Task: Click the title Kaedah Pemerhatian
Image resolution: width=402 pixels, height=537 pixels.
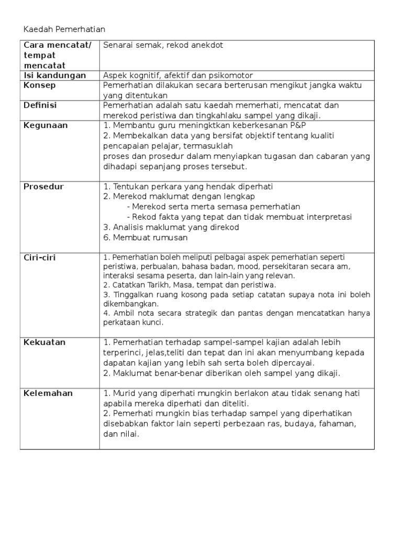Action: coord(64,29)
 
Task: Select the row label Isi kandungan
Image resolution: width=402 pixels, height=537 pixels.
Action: coord(54,76)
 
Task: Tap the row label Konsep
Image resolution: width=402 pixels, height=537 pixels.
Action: coord(40,85)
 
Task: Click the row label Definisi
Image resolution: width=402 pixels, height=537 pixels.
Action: coord(40,105)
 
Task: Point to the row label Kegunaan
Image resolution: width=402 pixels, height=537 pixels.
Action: coord(46,126)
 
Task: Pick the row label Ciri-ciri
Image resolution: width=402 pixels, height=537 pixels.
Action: coord(40,257)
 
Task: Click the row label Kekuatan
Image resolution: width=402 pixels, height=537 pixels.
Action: coord(44,342)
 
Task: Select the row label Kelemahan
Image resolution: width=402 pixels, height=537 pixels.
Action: coord(48,393)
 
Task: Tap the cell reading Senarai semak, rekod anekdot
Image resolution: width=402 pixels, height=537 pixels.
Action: coord(163,46)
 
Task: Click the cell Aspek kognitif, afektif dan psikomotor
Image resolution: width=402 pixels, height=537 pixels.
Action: coord(178,76)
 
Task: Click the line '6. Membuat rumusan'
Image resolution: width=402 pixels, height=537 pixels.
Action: coord(146,238)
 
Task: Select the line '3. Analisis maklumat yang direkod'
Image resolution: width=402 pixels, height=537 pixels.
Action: coord(171,227)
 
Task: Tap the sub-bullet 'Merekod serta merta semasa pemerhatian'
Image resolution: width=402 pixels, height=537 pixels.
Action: coord(216,207)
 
